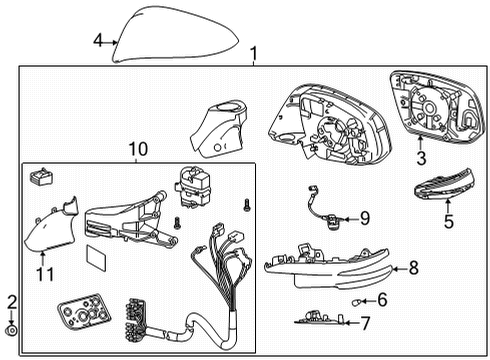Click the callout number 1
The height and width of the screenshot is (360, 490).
(x=253, y=52)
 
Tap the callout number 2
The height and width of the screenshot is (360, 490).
(x=12, y=301)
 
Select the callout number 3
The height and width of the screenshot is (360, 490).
(x=421, y=157)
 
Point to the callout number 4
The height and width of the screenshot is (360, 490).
(x=97, y=41)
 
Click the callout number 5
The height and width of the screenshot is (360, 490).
(x=449, y=221)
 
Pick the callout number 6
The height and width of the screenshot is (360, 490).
(x=381, y=298)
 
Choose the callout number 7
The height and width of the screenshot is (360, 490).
(x=366, y=322)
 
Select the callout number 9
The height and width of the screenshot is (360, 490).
(x=364, y=217)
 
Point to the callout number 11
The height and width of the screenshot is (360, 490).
(x=43, y=271)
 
